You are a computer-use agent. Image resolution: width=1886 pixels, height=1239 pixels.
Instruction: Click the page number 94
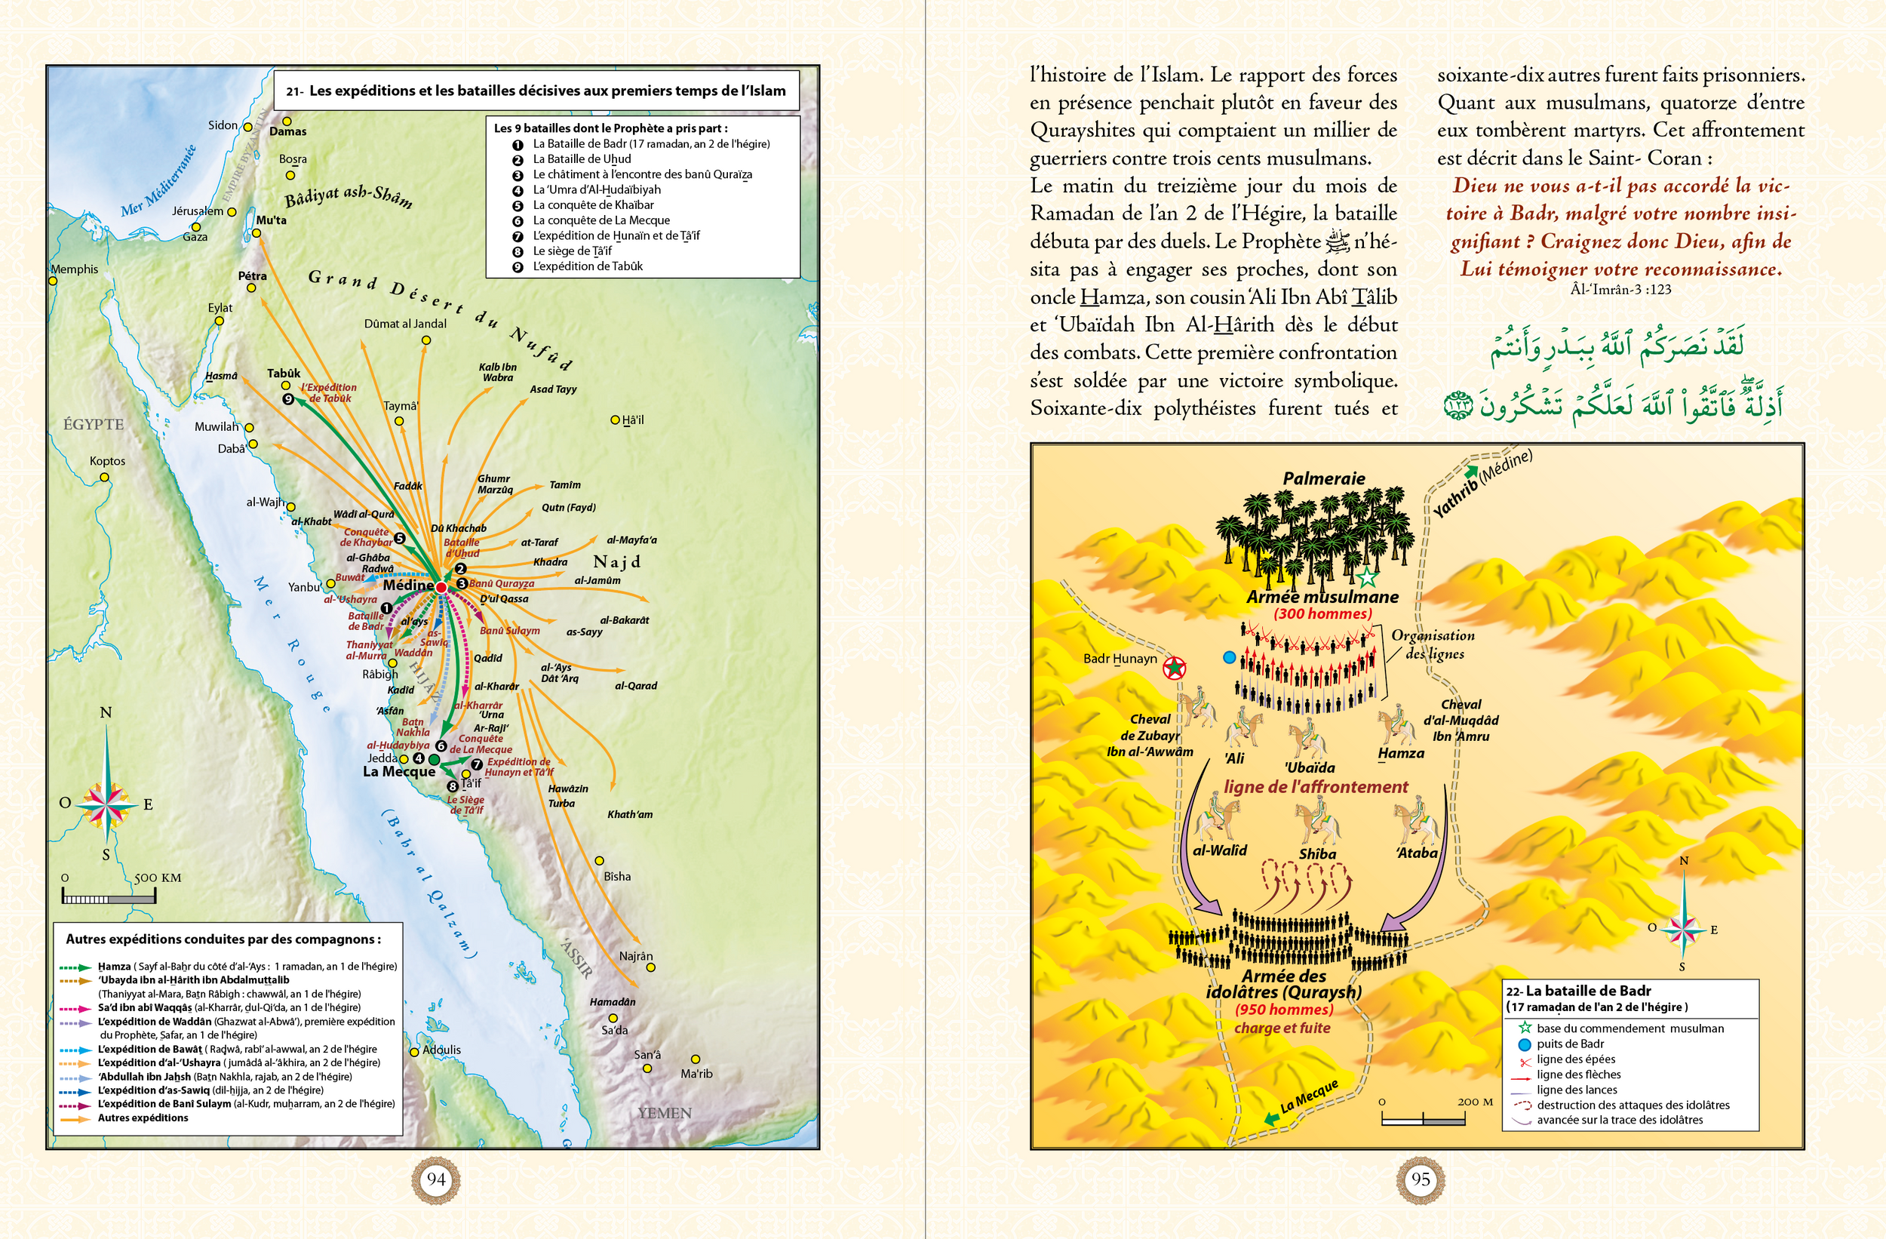pyautogui.click(x=436, y=1179)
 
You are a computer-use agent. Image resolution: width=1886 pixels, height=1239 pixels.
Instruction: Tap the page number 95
pyautogui.click(x=1420, y=1179)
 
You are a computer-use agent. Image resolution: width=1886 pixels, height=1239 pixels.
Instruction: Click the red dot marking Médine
pyautogui.click(x=441, y=586)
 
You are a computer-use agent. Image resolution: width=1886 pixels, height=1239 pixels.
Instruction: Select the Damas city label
pyautogui.click(x=287, y=131)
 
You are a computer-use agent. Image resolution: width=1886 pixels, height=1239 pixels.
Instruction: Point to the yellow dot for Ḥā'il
pyautogui.click(x=615, y=420)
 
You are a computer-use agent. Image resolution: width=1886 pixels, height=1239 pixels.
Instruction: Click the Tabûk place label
pyautogui.click(x=283, y=374)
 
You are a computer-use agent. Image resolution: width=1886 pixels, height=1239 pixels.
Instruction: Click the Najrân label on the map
pyautogui.click(x=635, y=956)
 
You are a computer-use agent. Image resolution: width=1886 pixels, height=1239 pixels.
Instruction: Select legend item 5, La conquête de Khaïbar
pyautogui.click(x=593, y=204)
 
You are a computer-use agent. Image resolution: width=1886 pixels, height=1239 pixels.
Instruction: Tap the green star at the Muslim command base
pyautogui.click(x=1367, y=577)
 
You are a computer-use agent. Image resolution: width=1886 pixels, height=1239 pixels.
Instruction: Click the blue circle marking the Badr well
pyautogui.click(x=1229, y=657)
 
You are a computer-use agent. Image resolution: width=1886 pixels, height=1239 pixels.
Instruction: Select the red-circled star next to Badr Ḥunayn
pyautogui.click(x=1174, y=669)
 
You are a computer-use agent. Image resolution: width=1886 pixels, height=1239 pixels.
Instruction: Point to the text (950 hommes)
pyautogui.click(x=1284, y=1009)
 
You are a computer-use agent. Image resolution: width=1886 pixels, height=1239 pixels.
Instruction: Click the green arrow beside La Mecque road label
pyautogui.click(x=1271, y=1119)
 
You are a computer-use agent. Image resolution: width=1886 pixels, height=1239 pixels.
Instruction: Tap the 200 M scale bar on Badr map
pyautogui.click(x=1423, y=1118)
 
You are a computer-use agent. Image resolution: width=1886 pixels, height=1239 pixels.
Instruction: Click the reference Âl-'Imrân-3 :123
pyautogui.click(x=1620, y=289)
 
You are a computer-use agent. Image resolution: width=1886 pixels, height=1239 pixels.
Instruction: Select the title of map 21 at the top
pyautogui.click(x=536, y=91)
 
